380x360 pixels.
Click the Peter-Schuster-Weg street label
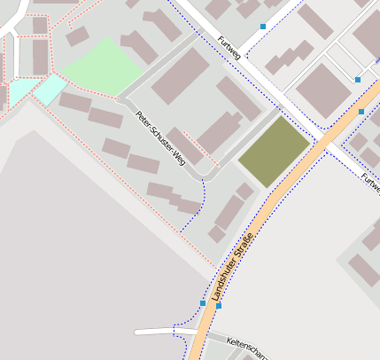point(160,137)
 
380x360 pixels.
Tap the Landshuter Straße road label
point(232,265)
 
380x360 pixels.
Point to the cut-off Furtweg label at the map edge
point(370,184)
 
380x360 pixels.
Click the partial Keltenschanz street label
point(247,346)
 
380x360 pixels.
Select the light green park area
point(102,67)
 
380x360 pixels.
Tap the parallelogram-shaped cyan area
point(50,88)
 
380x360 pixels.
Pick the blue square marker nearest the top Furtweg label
point(262,27)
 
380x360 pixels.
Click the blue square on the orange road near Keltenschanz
point(219,305)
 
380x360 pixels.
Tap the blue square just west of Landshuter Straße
point(203,303)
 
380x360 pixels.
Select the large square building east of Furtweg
point(322,90)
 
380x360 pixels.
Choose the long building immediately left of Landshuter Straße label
point(229,214)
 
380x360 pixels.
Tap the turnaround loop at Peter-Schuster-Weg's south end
point(206,169)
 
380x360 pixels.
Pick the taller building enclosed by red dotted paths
point(40,57)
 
